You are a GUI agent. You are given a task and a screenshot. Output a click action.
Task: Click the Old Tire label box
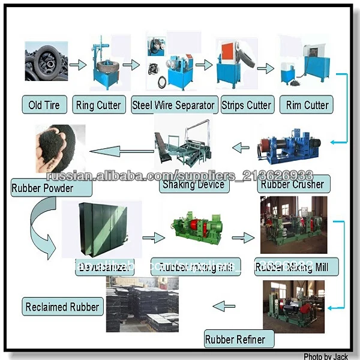(44, 106)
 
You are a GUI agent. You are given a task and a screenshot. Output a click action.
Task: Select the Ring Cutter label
(98, 106)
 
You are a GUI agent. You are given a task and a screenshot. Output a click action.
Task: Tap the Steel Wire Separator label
(173, 106)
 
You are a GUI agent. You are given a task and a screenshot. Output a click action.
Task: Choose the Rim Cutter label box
(307, 106)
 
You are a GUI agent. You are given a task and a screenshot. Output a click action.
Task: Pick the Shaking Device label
(193, 184)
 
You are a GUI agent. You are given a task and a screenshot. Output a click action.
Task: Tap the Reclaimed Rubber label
(62, 307)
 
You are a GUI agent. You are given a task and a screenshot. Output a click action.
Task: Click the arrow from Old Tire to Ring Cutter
(77, 64)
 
